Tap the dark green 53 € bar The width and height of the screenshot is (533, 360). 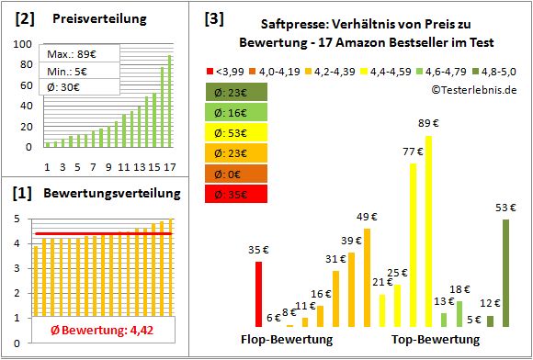click(x=505, y=273)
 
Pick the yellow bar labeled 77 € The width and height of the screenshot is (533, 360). click(x=413, y=244)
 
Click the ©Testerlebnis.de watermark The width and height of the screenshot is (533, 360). click(x=471, y=89)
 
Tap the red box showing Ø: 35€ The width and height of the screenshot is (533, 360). click(x=237, y=195)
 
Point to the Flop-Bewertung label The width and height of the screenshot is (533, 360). click(x=286, y=340)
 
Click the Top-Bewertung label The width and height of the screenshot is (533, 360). click(x=436, y=340)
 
